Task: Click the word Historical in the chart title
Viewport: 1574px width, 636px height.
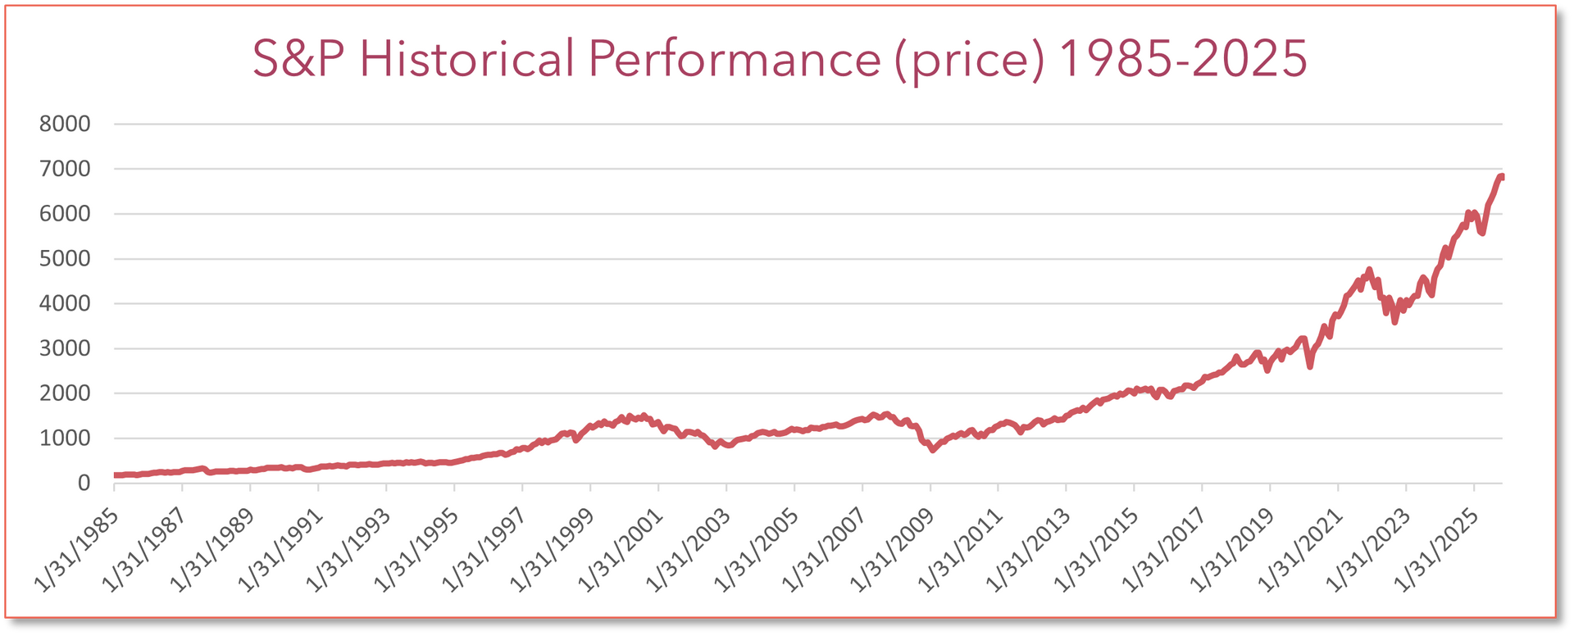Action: (x=466, y=59)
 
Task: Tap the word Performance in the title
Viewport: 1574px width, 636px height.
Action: (x=735, y=59)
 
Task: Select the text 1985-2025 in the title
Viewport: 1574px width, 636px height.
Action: (x=1182, y=59)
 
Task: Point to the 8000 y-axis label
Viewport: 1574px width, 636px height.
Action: (x=65, y=125)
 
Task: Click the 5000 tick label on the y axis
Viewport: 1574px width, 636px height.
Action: (x=65, y=259)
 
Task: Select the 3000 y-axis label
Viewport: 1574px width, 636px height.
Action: (x=65, y=348)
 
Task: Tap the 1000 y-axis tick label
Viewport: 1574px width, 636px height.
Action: (x=65, y=438)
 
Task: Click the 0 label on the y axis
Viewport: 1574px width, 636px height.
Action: (x=84, y=484)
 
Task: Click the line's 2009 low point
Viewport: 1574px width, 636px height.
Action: (x=933, y=449)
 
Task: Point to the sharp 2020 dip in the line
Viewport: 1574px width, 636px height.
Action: (x=1310, y=366)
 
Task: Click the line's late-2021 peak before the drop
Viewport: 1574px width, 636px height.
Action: (x=1369, y=270)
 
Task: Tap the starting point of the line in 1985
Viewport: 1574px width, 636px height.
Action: (x=115, y=475)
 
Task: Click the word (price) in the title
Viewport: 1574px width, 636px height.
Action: (x=969, y=59)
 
